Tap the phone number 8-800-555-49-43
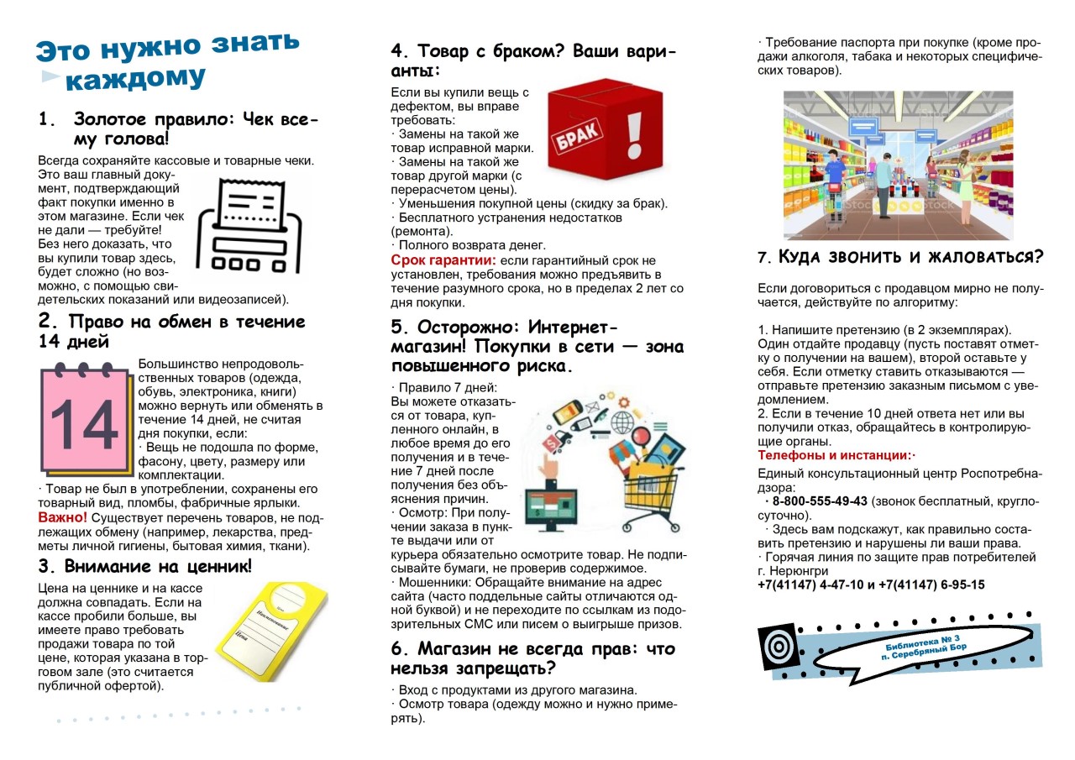tap(819, 501)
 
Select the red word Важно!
tap(62, 517)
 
